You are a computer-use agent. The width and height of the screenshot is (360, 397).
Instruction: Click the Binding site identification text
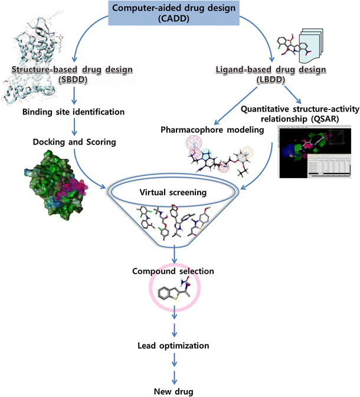click(74, 111)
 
